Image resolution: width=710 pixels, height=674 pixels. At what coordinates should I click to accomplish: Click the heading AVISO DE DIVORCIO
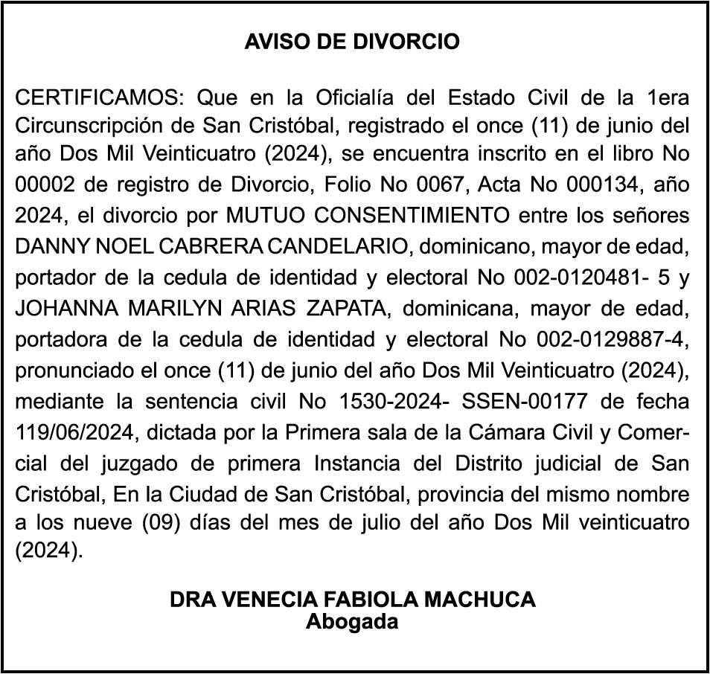352,42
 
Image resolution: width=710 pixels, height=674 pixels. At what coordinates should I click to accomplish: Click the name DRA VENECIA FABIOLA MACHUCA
353,600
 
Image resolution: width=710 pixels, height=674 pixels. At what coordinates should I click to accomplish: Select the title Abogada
352,621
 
